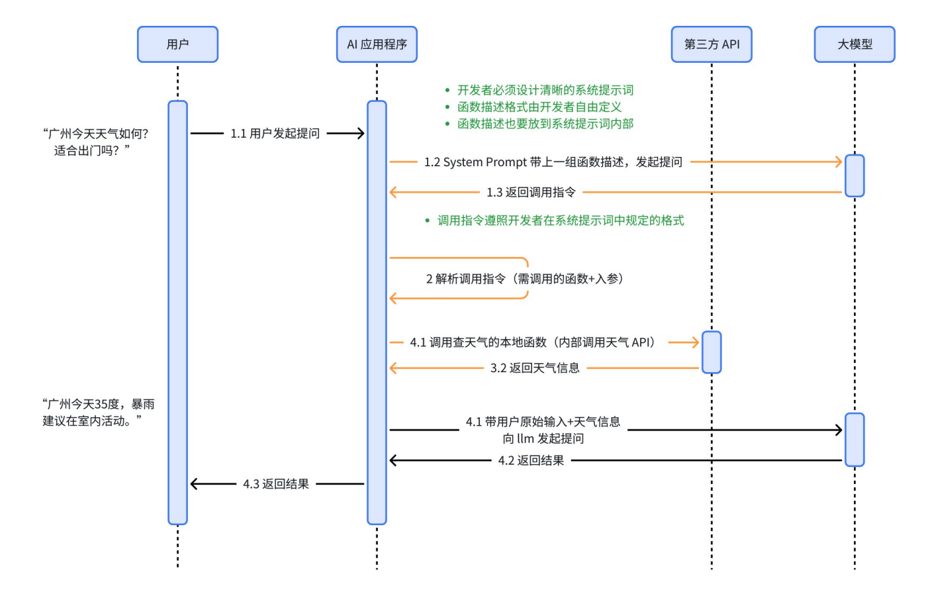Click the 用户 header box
pyautogui.click(x=177, y=44)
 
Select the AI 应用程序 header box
pyautogui.click(x=377, y=44)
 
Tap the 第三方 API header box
pyautogui.click(x=712, y=44)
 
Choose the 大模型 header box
pyautogui.click(x=855, y=44)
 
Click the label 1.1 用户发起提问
pyautogui.click(x=275, y=134)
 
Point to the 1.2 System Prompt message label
pyautogui.click(x=553, y=162)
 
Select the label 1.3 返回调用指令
pyautogui.click(x=531, y=193)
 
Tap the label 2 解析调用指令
pyautogui.click(x=524, y=279)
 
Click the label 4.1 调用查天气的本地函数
pyautogui.click(x=532, y=342)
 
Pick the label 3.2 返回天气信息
pyautogui.click(x=535, y=368)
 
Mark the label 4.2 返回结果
pyautogui.click(x=531, y=461)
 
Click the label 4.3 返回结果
pyautogui.click(x=276, y=484)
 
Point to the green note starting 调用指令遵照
pyautogui.click(x=560, y=221)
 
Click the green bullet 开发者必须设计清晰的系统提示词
pyautogui.click(x=545, y=90)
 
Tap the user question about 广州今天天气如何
pyautogui.click(x=95, y=142)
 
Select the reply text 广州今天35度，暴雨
pyautogui.click(x=98, y=413)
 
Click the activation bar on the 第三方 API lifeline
pyautogui.click(x=712, y=352)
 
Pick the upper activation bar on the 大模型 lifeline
pyautogui.click(x=855, y=175)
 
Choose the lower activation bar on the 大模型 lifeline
pyautogui.click(x=855, y=440)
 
